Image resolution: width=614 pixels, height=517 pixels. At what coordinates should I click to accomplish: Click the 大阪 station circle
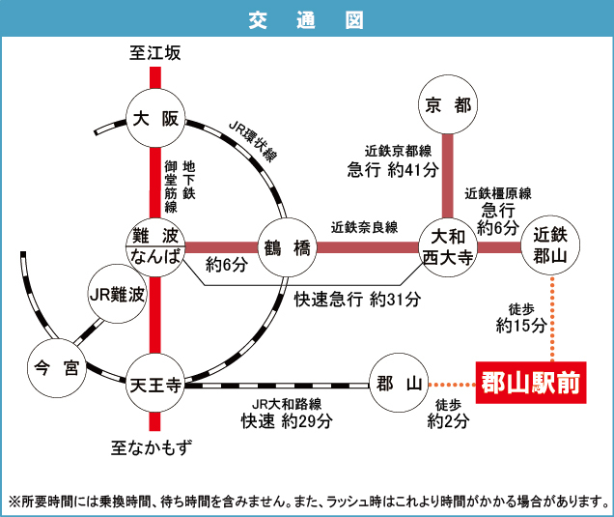[x=154, y=120]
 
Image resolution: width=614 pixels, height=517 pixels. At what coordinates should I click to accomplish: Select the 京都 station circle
[x=448, y=106]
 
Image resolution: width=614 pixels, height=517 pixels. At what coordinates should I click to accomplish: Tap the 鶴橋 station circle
[x=288, y=247]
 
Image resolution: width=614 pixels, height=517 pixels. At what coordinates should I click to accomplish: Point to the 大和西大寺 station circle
[x=448, y=246]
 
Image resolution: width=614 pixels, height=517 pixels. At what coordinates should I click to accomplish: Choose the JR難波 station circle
[x=116, y=295]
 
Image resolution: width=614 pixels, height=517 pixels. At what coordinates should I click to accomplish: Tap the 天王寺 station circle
[x=154, y=384]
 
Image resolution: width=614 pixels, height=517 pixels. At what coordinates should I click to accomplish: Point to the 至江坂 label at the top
[x=154, y=53]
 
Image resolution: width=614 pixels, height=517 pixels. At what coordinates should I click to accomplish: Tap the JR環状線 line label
[x=253, y=142]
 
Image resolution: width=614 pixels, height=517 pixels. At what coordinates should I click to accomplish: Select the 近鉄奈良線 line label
[x=364, y=228]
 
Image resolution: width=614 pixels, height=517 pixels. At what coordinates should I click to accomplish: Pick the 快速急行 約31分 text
[x=357, y=299]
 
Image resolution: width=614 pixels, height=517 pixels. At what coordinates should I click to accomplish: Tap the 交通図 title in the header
[x=306, y=19]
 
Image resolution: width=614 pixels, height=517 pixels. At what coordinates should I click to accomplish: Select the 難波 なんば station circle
[x=154, y=246]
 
